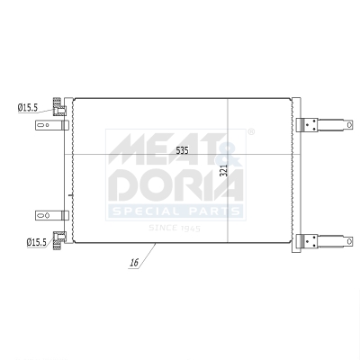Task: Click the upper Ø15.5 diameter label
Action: click(26, 107)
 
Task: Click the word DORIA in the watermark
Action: click(175, 185)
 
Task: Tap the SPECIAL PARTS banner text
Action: click(175, 212)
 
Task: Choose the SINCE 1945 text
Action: click(175, 228)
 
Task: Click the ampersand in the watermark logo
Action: click(230, 144)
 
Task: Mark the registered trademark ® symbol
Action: click(250, 132)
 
